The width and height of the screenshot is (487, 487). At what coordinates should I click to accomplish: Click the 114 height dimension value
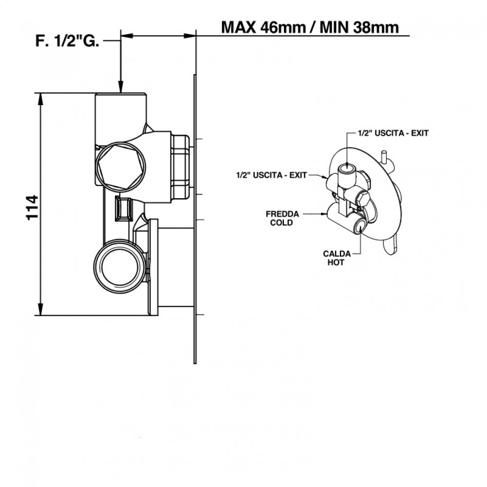[x=32, y=207]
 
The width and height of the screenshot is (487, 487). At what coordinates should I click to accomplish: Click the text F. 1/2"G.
[x=68, y=42]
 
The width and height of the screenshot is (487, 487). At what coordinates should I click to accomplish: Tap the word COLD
[x=283, y=223]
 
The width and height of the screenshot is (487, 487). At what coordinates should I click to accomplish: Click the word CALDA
[x=335, y=254]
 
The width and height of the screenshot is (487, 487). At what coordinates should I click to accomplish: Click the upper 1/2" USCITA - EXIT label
[x=393, y=133]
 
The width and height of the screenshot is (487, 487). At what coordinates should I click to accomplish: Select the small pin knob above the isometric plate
[x=384, y=158]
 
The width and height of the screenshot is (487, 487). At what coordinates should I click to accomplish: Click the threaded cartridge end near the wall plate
[x=180, y=166]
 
